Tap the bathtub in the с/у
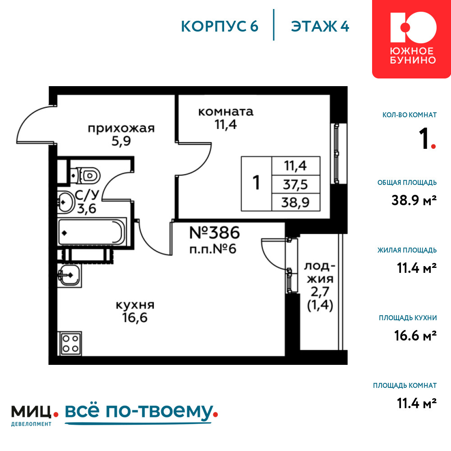(x=92, y=232)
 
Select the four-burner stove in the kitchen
(x=70, y=343)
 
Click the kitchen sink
(x=69, y=275)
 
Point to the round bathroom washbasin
(x=65, y=202)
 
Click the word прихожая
(x=121, y=128)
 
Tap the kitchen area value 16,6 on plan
(x=134, y=318)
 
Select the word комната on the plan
(x=226, y=111)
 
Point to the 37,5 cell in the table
(x=296, y=184)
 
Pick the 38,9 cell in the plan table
(x=296, y=202)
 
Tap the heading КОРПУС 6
(x=220, y=27)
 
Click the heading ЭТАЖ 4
(x=320, y=27)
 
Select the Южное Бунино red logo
(x=412, y=39)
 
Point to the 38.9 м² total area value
(x=414, y=200)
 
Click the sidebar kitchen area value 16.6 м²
(x=415, y=336)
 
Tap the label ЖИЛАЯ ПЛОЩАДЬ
(x=407, y=250)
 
